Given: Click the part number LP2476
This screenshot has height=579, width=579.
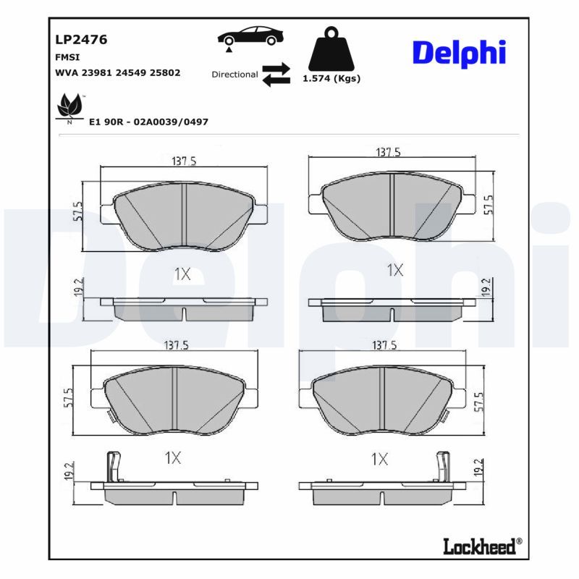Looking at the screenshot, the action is (x=81, y=40).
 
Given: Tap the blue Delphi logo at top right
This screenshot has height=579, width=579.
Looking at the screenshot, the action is (x=459, y=54).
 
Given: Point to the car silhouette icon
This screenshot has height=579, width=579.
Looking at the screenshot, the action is (x=250, y=36).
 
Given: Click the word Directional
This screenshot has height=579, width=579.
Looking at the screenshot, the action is (x=234, y=75).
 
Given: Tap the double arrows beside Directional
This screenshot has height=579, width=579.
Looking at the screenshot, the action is (x=276, y=75).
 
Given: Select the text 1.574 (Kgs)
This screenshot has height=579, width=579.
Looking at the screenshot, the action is (x=331, y=79).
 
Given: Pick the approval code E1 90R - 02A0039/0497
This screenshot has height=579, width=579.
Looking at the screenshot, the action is (x=148, y=122).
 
